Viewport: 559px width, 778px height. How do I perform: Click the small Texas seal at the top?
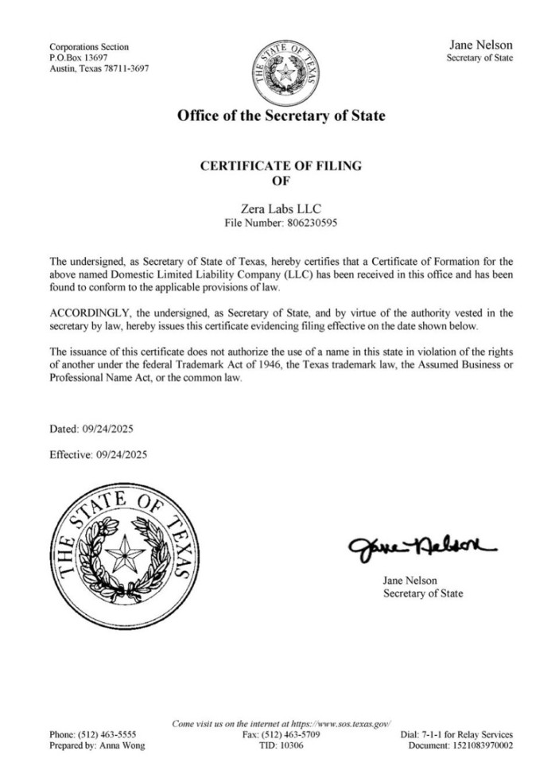point(282,70)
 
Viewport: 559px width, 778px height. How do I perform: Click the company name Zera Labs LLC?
point(281,208)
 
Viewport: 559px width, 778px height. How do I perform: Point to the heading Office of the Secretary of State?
point(281,116)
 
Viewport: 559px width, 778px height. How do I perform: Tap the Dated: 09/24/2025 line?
point(91,430)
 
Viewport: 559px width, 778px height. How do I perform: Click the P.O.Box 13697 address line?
point(78,58)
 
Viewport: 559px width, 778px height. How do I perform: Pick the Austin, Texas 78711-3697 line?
point(99,68)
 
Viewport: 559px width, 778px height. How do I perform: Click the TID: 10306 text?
point(281,745)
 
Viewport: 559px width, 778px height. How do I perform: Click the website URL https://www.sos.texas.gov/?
point(337,723)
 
